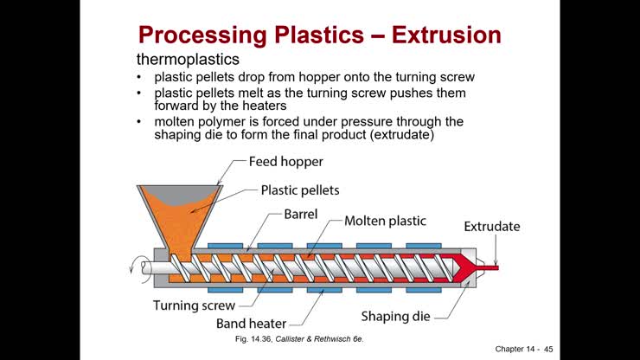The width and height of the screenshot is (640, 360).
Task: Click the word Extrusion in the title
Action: (445, 35)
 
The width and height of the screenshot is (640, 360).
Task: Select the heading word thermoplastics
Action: (189, 60)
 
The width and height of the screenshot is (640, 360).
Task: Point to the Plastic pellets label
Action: (300, 190)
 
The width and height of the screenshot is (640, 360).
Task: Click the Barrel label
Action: (302, 213)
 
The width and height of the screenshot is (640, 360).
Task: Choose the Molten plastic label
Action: (385, 221)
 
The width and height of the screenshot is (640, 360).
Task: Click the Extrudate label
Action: (492, 227)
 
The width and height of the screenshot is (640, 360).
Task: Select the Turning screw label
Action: (195, 305)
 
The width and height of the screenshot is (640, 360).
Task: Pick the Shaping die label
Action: (395, 316)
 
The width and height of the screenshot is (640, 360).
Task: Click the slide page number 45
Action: (547, 349)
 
